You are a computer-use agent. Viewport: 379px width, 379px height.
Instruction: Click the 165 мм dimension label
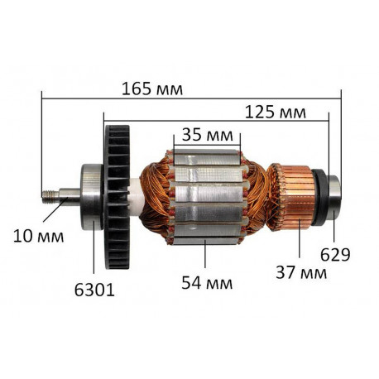pyautogui.click(x=152, y=89)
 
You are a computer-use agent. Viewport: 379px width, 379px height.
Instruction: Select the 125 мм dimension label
pyautogui.click(x=276, y=113)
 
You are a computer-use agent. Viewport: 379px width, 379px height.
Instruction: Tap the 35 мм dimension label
pyautogui.click(x=208, y=135)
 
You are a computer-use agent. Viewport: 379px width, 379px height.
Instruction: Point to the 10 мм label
pyautogui.click(x=39, y=237)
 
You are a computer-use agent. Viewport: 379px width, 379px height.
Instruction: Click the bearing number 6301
pyautogui.click(x=94, y=290)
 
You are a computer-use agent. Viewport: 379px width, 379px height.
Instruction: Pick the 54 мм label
pyautogui.click(x=207, y=283)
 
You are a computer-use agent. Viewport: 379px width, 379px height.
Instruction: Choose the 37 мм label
pyautogui.click(x=301, y=273)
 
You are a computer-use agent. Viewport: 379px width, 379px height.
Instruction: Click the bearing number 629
pyautogui.click(x=335, y=255)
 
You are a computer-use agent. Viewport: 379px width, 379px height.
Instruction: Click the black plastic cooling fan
pyautogui.click(x=118, y=197)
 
